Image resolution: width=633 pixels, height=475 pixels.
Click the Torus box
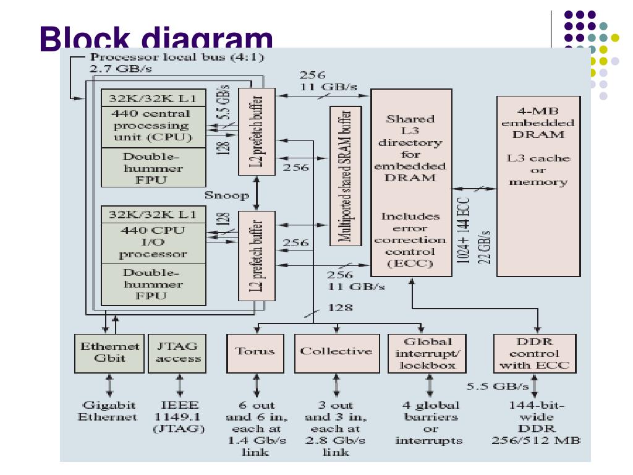point(255,353)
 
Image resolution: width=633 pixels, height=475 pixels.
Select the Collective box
point(336,353)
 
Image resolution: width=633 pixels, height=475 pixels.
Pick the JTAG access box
point(177,353)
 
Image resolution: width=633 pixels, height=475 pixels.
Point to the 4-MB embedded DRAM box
point(538,186)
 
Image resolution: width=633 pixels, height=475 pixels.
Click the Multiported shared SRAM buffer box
point(346,176)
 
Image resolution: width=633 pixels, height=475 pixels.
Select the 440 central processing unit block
point(153,126)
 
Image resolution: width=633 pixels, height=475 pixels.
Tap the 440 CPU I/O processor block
point(153,242)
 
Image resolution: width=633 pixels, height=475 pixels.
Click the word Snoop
point(227,195)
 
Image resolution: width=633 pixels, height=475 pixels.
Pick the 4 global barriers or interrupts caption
point(428,423)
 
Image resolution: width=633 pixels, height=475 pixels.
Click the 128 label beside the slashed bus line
point(336,307)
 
